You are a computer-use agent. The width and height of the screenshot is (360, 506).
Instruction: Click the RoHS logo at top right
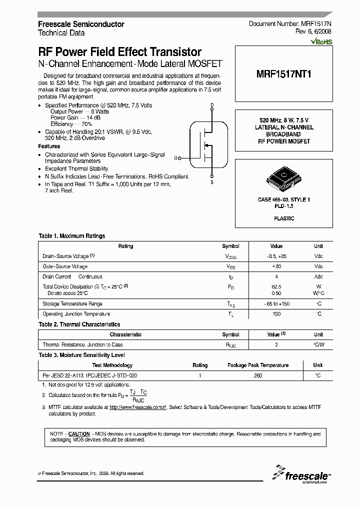[x=321, y=42]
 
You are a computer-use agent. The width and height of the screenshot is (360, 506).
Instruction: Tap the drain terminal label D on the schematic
[x=211, y=105]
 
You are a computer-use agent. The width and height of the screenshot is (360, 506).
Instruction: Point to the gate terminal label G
[x=176, y=158]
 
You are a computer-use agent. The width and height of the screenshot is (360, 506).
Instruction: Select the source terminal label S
[x=212, y=182]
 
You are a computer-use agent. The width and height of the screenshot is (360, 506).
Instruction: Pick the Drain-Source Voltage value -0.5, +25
[x=276, y=256]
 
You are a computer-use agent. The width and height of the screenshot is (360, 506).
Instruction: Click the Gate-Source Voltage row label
[x=65, y=266]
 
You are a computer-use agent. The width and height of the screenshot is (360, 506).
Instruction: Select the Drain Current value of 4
[x=276, y=276]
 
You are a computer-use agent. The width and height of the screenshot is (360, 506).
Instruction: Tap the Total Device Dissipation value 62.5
[x=276, y=287]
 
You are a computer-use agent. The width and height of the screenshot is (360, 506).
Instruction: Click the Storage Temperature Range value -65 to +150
[x=276, y=304]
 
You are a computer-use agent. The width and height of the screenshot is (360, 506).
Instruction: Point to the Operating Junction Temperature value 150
[x=276, y=314]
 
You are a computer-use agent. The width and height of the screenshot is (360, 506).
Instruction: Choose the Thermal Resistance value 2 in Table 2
[x=276, y=345]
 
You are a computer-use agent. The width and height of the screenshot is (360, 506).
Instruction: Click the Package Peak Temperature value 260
[x=258, y=375]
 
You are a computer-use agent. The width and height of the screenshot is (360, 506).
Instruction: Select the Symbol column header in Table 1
[x=230, y=246]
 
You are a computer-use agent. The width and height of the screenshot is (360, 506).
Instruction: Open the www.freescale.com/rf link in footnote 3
[x=137, y=408]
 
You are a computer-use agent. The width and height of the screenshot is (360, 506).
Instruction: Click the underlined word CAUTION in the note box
[x=79, y=434]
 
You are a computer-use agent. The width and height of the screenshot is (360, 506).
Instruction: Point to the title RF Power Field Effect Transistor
[x=120, y=52]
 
